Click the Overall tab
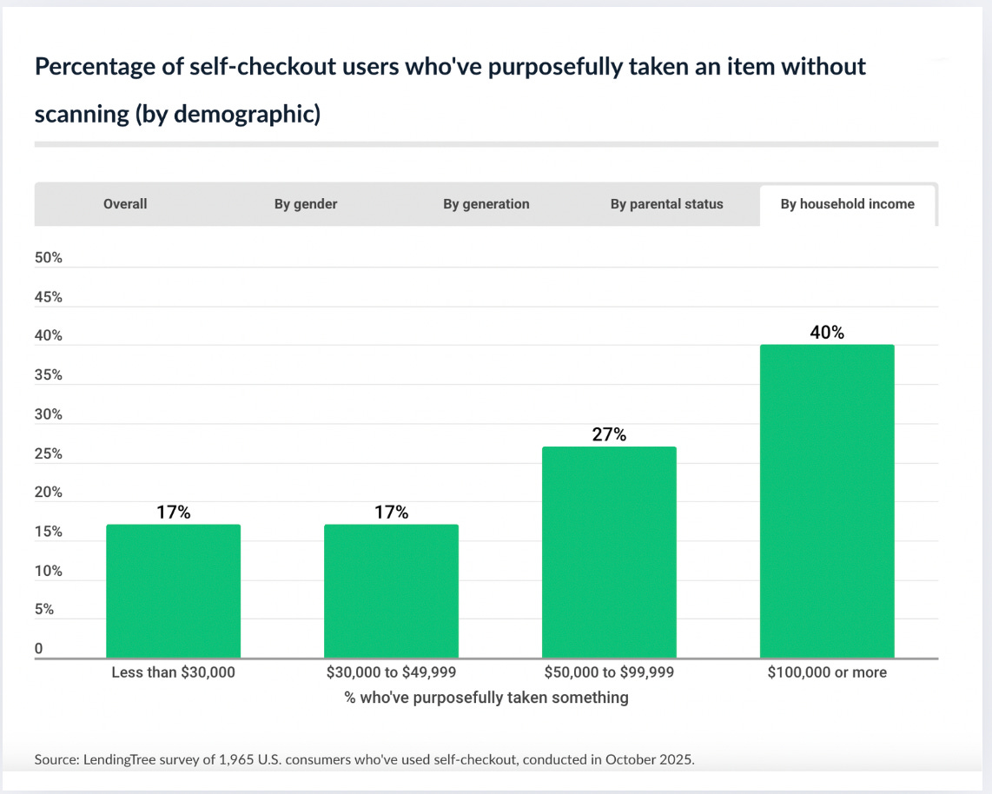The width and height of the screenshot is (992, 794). (125, 204)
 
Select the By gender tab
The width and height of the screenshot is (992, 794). (306, 204)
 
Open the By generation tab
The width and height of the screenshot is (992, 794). (486, 204)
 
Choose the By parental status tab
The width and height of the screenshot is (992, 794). (666, 204)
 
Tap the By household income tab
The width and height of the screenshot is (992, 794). (847, 204)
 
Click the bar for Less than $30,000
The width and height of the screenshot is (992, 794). (173, 591)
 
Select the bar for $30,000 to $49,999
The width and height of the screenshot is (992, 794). (391, 591)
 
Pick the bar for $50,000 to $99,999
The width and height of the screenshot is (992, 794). (609, 552)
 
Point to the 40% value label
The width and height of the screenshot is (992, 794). (827, 333)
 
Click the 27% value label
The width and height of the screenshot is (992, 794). (609, 434)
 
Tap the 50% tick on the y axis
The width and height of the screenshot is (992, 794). (49, 258)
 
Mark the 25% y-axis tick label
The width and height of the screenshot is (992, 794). (49, 453)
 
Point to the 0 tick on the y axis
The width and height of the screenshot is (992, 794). (39, 649)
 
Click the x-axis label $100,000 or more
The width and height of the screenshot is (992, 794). (827, 672)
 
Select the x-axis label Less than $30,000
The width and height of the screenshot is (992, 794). (173, 672)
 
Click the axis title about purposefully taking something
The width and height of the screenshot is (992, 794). (486, 698)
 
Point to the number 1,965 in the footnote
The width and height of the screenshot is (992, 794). (261, 759)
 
